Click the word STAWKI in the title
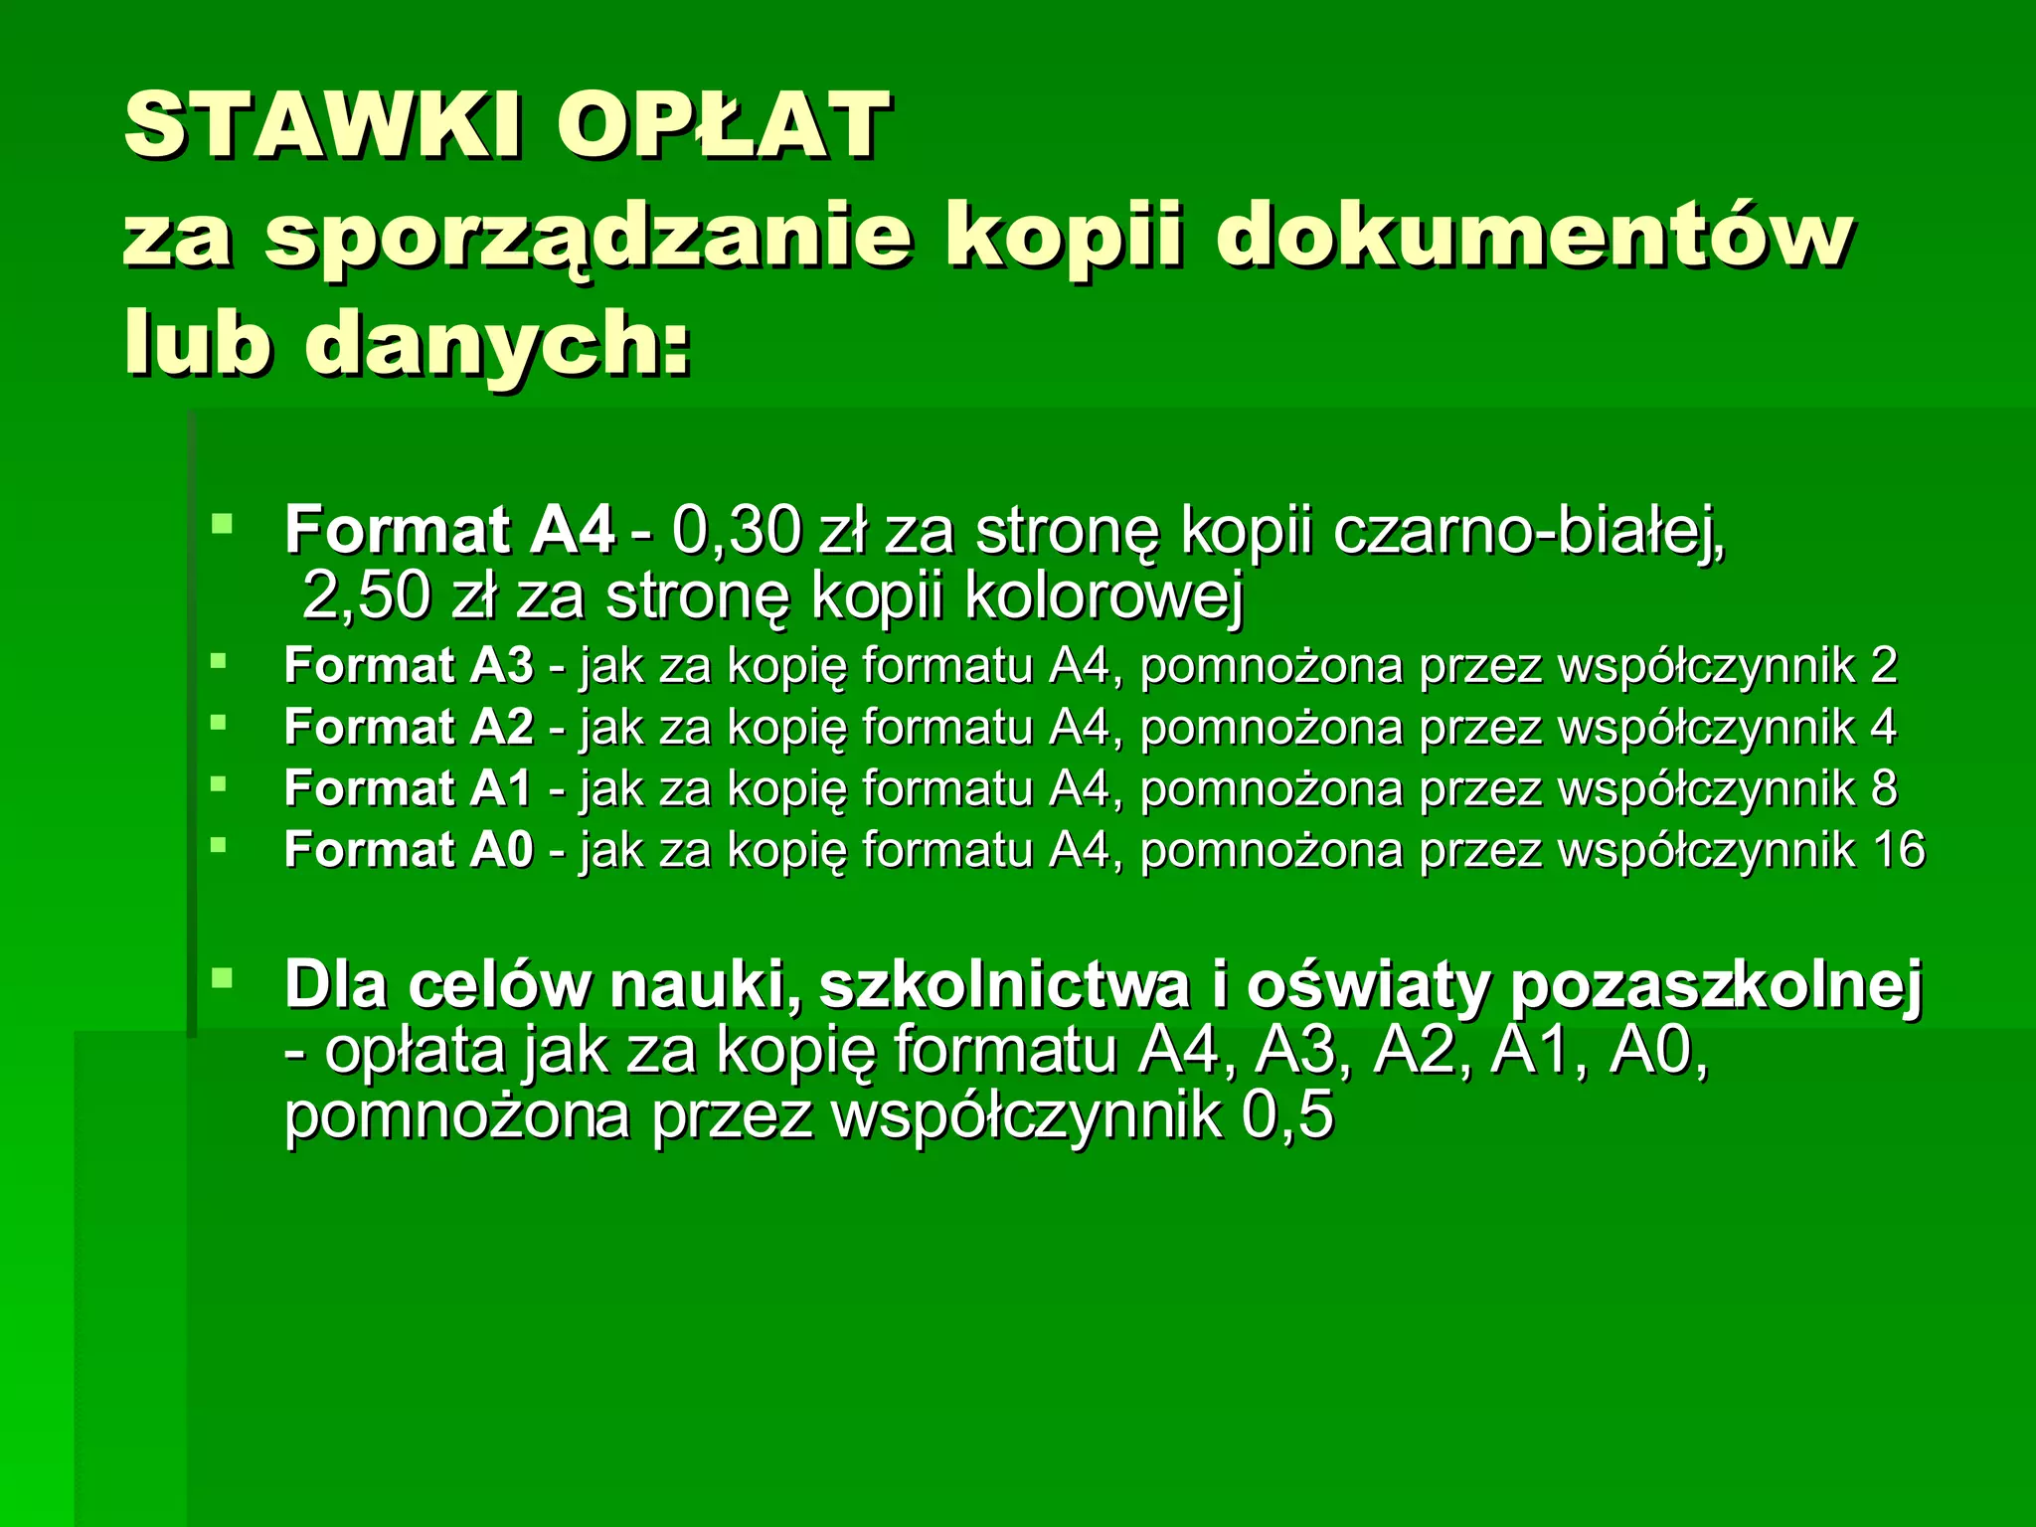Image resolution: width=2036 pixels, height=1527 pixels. (x=322, y=125)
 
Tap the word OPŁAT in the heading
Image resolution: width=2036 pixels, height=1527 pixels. (x=722, y=125)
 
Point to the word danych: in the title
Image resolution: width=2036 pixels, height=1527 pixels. (x=497, y=344)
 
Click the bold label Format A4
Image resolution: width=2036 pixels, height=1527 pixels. (x=448, y=530)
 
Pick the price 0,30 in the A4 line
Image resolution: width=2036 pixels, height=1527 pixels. (x=736, y=530)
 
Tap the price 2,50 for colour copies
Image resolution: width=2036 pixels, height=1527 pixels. (x=366, y=596)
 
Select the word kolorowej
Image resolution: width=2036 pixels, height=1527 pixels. (x=1103, y=596)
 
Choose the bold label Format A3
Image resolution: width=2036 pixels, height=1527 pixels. (x=409, y=666)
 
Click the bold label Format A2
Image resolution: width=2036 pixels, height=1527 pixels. (x=409, y=727)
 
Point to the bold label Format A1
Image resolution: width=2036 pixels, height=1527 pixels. (x=409, y=788)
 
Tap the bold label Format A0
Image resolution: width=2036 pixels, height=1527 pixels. (x=409, y=850)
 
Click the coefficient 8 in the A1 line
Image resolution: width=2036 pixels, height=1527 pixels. (x=1883, y=788)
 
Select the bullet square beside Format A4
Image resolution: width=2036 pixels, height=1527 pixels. (x=221, y=523)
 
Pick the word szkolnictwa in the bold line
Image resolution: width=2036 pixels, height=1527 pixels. (x=1004, y=986)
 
